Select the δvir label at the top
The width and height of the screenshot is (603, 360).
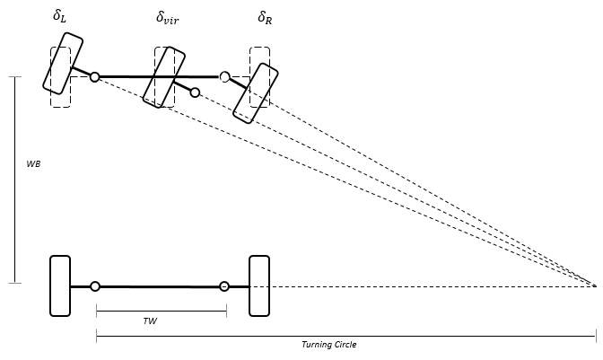pos(167,16)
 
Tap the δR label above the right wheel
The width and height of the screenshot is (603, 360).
pos(264,16)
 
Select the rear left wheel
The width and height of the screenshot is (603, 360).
pos(60,285)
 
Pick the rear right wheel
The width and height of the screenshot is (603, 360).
pos(259,285)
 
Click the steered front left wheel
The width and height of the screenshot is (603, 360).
pos(63,63)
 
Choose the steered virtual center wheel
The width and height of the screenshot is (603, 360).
pos(163,77)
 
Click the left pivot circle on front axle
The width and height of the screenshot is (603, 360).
pos(95,77)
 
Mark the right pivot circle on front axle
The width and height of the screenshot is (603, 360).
pos(225,77)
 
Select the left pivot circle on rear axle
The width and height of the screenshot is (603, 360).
pos(95,286)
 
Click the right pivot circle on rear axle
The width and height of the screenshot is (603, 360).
pos(225,286)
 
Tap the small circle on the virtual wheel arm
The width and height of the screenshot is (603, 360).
pos(195,92)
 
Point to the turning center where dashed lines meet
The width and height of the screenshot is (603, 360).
pos(594,285)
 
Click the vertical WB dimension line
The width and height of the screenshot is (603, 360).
pos(15,180)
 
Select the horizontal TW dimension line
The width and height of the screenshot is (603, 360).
pos(161,312)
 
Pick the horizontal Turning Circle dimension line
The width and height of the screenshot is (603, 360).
pos(345,337)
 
